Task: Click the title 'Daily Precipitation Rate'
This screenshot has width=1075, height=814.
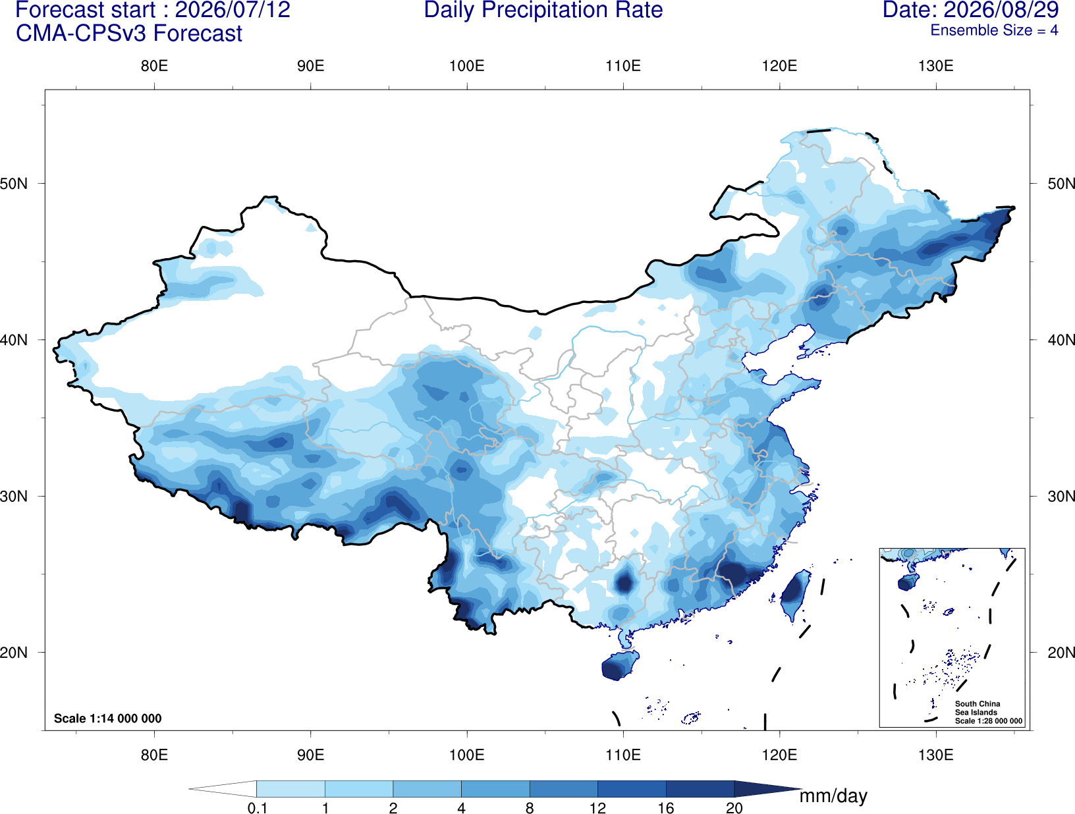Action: [x=543, y=10]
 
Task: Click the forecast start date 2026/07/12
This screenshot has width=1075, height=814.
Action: [x=233, y=10]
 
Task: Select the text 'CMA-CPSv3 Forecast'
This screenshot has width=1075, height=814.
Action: [x=129, y=34]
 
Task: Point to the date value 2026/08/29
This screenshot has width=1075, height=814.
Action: [x=1002, y=10]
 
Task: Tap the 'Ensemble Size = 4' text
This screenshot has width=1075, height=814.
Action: [x=994, y=30]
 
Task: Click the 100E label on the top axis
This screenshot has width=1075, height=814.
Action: [x=467, y=66]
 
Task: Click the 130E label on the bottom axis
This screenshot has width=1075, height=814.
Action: [x=936, y=754]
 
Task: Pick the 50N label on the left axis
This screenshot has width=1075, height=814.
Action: [x=14, y=184]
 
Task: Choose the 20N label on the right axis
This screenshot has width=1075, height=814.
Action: [x=1061, y=652]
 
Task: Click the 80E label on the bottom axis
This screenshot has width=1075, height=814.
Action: [x=154, y=754]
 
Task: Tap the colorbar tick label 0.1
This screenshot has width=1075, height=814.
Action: [x=257, y=807]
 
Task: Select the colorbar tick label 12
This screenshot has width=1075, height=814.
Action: [x=597, y=807]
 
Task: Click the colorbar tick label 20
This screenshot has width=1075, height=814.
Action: [x=734, y=807]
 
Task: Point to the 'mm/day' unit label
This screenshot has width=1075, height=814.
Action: [x=833, y=796]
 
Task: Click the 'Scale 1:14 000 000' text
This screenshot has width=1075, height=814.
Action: [x=108, y=718]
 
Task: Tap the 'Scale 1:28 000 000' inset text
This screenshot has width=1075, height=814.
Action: [x=988, y=721]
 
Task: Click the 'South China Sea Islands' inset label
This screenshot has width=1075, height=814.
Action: [x=977, y=708]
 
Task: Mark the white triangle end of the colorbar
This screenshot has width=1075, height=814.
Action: [x=223, y=788]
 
